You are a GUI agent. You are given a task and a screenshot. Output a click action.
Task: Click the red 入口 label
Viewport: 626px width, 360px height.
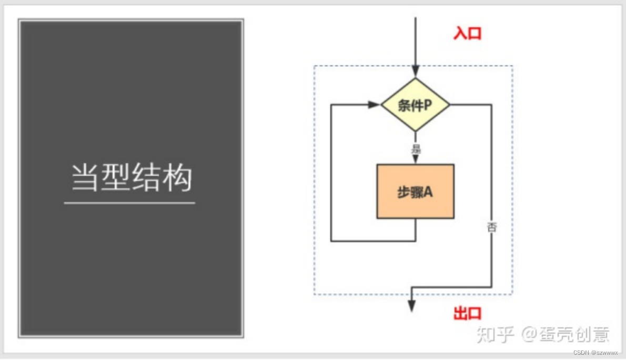pos(467,33)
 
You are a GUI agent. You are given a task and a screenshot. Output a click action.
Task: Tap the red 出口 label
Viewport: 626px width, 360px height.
pos(467,313)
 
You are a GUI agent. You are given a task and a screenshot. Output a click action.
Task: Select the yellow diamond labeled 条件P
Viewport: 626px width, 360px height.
pos(415,105)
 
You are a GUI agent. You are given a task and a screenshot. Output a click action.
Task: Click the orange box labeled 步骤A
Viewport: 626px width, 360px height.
pos(415,192)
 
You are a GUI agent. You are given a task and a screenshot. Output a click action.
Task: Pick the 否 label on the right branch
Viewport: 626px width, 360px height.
pos(491,227)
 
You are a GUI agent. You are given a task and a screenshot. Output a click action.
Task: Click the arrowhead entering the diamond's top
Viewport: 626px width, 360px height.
pos(416,72)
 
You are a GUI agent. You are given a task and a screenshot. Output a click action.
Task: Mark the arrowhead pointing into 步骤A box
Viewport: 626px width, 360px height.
pos(415,159)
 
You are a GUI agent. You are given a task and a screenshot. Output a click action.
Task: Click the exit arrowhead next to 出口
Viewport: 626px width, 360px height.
pos(412,306)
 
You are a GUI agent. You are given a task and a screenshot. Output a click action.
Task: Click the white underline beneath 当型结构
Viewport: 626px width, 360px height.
pos(129,203)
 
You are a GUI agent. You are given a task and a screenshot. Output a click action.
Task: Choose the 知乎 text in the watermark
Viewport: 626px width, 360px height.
pos(494,334)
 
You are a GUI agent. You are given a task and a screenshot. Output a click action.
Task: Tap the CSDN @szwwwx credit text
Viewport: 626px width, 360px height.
pos(595,352)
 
